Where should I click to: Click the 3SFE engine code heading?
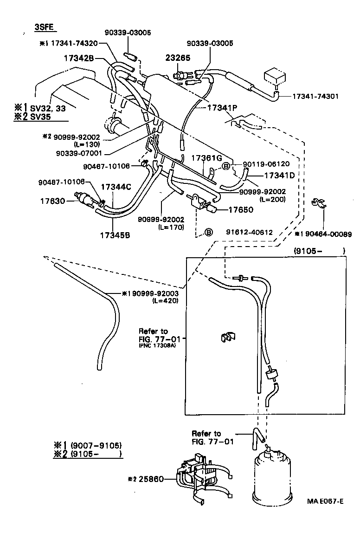point(45,27)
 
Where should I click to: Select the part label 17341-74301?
point(315,97)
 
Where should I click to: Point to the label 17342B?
point(79,59)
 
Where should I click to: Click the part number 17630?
point(51,201)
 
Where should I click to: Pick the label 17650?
point(241,210)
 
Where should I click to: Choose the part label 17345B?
point(115,234)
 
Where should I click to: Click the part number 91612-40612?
point(249,232)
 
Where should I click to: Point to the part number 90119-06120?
point(267,164)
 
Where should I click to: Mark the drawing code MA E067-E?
point(325,501)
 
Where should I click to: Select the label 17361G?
point(207,158)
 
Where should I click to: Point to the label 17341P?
point(222,107)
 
